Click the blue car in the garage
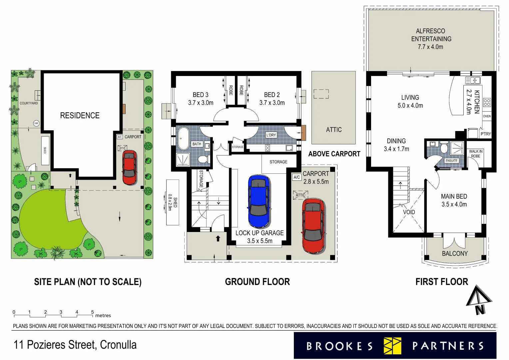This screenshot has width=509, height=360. [258, 201]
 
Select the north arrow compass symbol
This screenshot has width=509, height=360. [479, 300]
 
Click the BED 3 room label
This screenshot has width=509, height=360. [201, 95]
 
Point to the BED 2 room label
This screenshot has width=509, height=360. [272, 95]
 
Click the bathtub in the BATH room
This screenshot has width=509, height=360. [183, 138]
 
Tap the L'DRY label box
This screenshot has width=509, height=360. [271, 135]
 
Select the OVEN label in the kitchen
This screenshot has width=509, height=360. [487, 116]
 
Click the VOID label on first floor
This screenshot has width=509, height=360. [409, 212]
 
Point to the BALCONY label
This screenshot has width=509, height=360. [455, 254]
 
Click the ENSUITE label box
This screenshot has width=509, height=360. [451, 161]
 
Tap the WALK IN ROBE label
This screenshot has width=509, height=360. [476, 154]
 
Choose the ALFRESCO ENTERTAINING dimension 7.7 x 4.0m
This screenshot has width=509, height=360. [430, 47]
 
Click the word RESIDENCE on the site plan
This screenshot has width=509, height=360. [80, 116]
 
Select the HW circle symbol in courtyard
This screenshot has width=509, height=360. [36, 123]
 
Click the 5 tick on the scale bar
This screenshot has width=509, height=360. [93, 312]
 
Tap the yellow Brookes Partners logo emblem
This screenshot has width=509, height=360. [392, 346]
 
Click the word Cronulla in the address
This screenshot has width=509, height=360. [118, 345]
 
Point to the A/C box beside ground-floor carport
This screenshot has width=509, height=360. [296, 177]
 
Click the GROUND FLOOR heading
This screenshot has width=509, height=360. [257, 282]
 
